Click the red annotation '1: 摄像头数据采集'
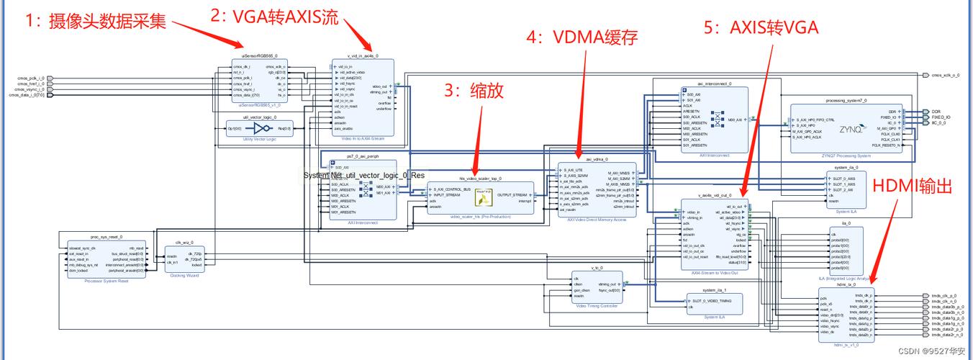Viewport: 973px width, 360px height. (x=95, y=21)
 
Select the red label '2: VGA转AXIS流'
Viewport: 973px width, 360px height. (x=274, y=17)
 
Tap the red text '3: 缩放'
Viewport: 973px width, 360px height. (x=472, y=90)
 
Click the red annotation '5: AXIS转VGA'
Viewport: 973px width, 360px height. (x=761, y=27)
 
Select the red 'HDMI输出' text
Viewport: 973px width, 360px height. (x=912, y=186)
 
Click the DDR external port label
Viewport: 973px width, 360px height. (x=936, y=112)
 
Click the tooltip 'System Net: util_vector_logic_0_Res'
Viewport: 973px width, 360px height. (x=363, y=175)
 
